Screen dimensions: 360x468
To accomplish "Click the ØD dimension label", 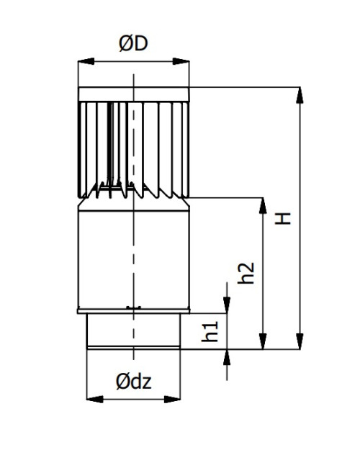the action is tap(133, 44).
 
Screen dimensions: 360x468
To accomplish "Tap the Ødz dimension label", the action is tap(133, 382).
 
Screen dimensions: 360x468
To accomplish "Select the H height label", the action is tap(282, 218).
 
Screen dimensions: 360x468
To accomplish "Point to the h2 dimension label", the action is tap(246, 273).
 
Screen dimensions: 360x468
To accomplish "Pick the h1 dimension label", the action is tap(210, 331).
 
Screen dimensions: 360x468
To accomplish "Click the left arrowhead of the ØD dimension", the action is tap(86, 61).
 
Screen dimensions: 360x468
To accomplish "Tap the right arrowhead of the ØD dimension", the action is tap(181, 61).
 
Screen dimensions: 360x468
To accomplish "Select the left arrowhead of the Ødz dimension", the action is tap(94, 399).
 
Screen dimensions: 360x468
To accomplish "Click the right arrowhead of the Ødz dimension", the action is tap(172, 399).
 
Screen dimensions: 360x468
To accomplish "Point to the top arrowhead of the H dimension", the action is tap(300, 95).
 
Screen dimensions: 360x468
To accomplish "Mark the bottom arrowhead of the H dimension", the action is tap(300, 341).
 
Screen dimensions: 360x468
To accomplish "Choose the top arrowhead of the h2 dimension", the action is tap(263, 206).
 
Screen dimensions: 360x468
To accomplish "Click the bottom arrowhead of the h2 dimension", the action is tap(263, 341).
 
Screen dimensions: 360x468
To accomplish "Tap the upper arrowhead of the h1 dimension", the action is tap(227, 305).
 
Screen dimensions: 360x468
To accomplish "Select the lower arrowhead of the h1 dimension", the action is tap(227, 357).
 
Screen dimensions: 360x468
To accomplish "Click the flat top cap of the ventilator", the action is tap(133, 94).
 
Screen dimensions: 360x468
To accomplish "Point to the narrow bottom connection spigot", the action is tap(133, 331).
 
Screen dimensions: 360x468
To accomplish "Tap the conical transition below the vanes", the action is tap(133, 204).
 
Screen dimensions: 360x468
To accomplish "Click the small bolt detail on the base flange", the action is tap(133, 307).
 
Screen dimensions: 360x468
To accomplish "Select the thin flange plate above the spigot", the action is tap(133, 311).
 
